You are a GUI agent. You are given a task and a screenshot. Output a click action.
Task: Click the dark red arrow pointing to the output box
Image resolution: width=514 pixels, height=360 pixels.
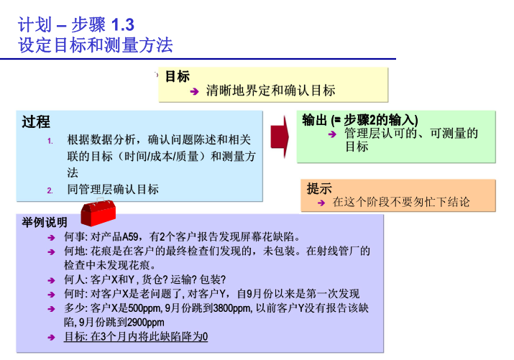click(x=280, y=137)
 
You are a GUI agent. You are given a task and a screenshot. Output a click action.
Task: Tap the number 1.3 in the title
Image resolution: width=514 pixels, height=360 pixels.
click(x=123, y=25)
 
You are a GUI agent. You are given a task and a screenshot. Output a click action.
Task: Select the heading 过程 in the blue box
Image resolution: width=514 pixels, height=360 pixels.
click(x=36, y=122)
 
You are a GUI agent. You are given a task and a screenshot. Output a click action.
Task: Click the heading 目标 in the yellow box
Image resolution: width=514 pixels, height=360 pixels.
click(x=178, y=76)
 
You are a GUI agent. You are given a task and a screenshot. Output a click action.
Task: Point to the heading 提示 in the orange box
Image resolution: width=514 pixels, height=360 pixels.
click(x=319, y=189)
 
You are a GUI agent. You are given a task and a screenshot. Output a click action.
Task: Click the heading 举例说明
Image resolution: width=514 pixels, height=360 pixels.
click(x=45, y=223)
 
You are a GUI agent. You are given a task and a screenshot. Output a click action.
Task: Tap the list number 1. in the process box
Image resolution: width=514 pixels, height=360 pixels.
click(x=50, y=141)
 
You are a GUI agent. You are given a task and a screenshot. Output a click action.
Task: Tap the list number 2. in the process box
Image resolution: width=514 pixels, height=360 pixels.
click(x=50, y=190)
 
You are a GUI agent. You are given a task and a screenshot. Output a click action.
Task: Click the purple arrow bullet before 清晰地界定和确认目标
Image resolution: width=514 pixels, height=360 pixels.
click(x=194, y=91)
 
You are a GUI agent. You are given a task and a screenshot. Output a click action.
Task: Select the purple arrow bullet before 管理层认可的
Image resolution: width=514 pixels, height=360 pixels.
click(x=332, y=134)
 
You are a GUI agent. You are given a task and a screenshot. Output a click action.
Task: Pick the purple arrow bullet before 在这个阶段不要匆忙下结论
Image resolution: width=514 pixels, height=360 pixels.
click(x=321, y=203)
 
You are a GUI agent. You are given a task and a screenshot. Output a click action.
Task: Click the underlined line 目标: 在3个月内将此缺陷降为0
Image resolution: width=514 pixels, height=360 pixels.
click(x=136, y=336)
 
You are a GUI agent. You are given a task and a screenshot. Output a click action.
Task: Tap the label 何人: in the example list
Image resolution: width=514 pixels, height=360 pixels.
click(x=75, y=280)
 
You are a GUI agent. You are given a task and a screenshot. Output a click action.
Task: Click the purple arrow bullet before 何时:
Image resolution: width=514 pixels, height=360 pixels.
click(x=51, y=295)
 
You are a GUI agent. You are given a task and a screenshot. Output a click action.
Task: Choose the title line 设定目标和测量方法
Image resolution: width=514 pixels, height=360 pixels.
click(x=96, y=45)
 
